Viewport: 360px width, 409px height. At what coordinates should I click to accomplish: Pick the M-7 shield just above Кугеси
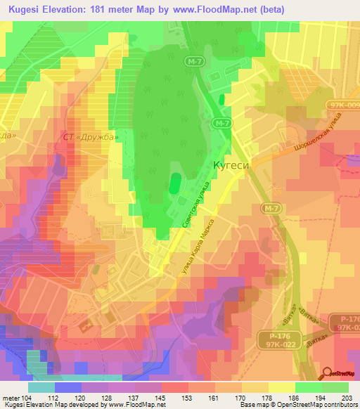pos(223,124)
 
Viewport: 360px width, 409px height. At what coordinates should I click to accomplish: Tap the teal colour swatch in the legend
pos(41,387)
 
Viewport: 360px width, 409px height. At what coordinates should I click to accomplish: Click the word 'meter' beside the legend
pos(11,398)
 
